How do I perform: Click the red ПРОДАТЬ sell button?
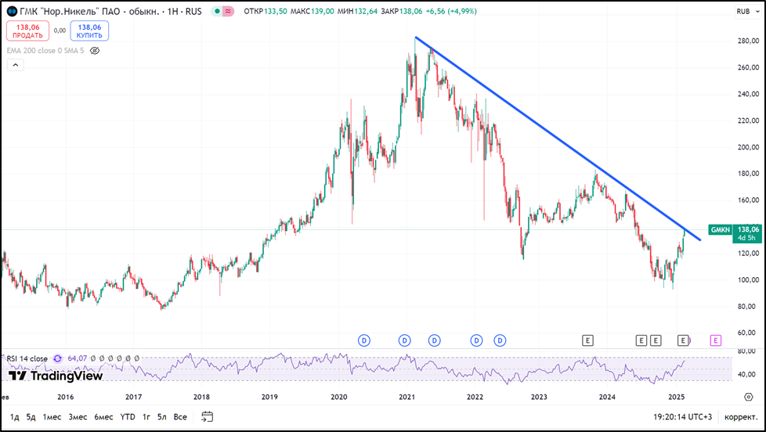point(27,31)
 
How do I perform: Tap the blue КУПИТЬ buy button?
point(89,31)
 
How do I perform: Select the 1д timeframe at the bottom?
point(15,417)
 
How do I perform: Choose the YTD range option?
point(128,417)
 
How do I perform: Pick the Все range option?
point(180,417)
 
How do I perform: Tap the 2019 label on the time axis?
point(270,397)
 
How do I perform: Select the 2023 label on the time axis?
point(540,397)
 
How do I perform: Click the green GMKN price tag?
point(720,230)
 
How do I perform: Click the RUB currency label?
point(743,12)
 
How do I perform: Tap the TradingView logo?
point(56,376)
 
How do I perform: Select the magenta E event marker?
point(715,340)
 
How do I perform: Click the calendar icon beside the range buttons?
point(208,416)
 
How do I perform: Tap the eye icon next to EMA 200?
point(95,50)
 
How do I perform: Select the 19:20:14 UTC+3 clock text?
point(681,417)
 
